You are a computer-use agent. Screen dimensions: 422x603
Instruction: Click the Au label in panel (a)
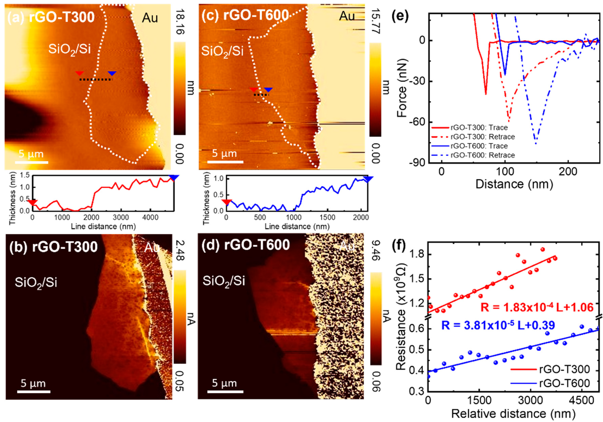pyautogui.click(x=150, y=18)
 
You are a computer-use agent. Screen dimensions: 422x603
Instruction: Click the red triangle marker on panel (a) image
pyautogui.click(x=79, y=73)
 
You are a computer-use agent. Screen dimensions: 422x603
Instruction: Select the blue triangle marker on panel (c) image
pyautogui.click(x=268, y=90)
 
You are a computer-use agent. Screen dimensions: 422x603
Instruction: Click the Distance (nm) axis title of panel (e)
pyautogui.click(x=514, y=184)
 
